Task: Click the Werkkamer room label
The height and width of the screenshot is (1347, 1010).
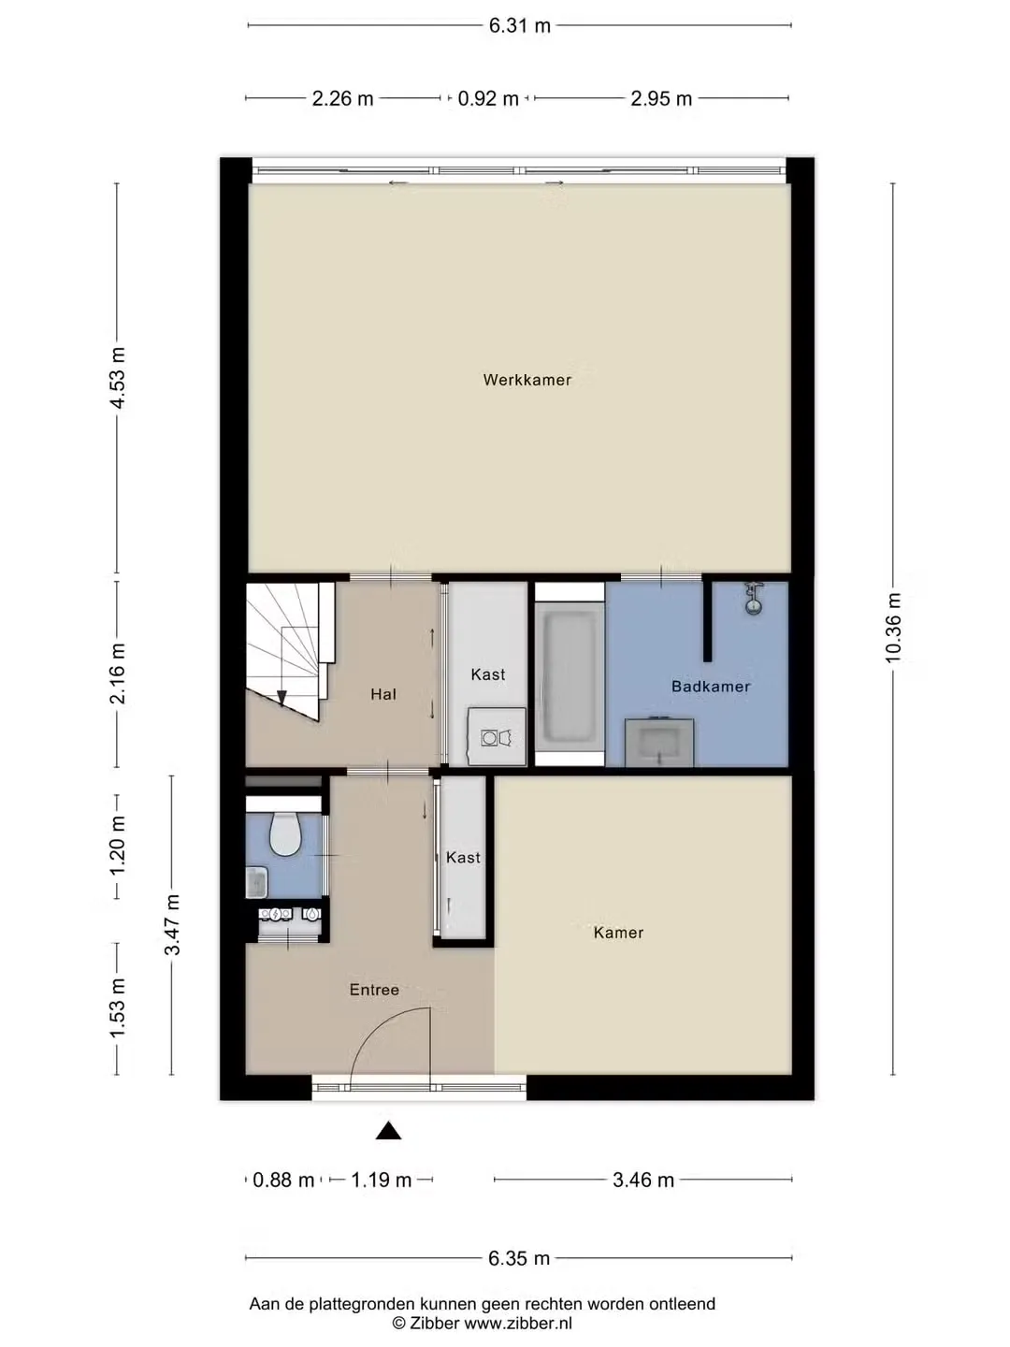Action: pyautogui.click(x=527, y=380)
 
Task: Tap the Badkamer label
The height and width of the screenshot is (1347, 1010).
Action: pyautogui.click(x=711, y=686)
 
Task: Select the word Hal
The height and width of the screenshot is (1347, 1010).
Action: pyautogui.click(x=383, y=694)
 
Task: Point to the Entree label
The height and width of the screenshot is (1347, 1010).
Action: pyautogui.click(x=374, y=990)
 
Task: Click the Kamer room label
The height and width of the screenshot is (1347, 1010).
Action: pyautogui.click(x=618, y=933)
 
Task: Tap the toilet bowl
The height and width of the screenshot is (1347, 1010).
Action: pyautogui.click(x=285, y=833)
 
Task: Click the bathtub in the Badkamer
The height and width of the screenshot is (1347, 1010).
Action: pyautogui.click(x=570, y=675)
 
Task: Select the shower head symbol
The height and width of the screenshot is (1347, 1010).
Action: pyautogui.click(x=754, y=599)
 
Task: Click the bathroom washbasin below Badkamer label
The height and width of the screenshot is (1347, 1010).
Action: pyautogui.click(x=659, y=743)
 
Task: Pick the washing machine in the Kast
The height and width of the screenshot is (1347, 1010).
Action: pyautogui.click(x=497, y=736)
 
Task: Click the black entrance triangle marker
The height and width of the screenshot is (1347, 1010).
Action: pyautogui.click(x=388, y=1130)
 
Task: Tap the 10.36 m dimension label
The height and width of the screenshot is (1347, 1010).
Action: pyautogui.click(x=893, y=628)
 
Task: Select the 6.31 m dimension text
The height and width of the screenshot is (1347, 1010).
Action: pyautogui.click(x=519, y=26)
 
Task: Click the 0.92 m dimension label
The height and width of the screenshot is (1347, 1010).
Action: pyautogui.click(x=488, y=98)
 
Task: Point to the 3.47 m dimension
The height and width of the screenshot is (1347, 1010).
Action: pyautogui.click(x=172, y=925)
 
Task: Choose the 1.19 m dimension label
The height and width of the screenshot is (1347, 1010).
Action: pyautogui.click(x=381, y=1180)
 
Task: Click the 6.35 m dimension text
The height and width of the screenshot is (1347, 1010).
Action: pyautogui.click(x=519, y=1259)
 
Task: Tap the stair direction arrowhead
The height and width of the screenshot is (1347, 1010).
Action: pyautogui.click(x=281, y=698)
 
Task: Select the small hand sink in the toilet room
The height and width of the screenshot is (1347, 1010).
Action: pyautogui.click(x=257, y=882)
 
